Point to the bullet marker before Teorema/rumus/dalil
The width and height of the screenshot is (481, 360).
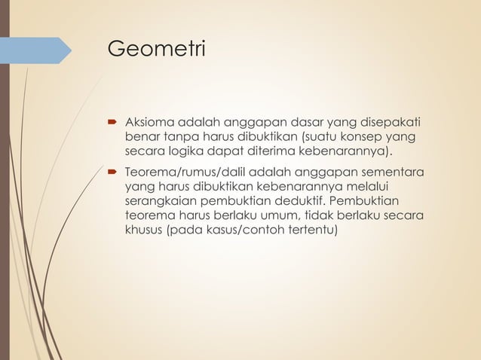pyautogui.click(x=111, y=172)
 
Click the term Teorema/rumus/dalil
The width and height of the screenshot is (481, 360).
pyautogui.click(x=185, y=172)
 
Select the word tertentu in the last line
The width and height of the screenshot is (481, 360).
pyautogui.click(x=308, y=230)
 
